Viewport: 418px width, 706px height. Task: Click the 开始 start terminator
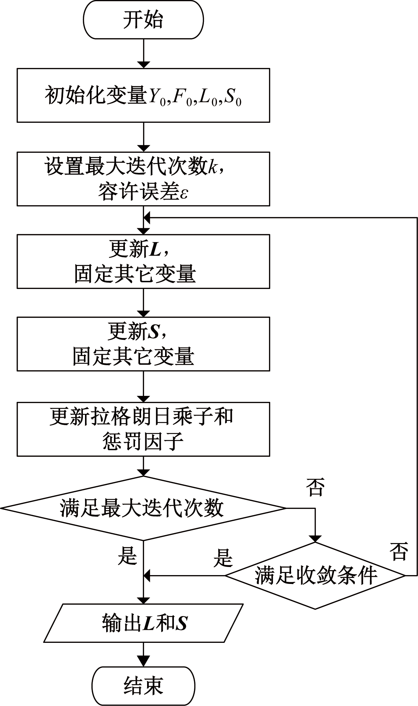143,19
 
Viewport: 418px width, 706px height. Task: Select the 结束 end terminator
143,686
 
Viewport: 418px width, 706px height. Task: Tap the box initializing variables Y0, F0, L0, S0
143,95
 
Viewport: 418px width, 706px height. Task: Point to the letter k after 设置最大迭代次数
212,167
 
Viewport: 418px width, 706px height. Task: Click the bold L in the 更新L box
155,250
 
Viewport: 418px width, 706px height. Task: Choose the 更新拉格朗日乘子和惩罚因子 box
143,429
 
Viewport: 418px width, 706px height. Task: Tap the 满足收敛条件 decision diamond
315,576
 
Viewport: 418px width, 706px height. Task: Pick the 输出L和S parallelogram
143,623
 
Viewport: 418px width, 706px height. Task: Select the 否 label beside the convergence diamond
399,552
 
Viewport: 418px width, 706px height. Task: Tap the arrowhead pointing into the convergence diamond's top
315,538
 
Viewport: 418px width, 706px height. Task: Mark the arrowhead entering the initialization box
143,65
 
